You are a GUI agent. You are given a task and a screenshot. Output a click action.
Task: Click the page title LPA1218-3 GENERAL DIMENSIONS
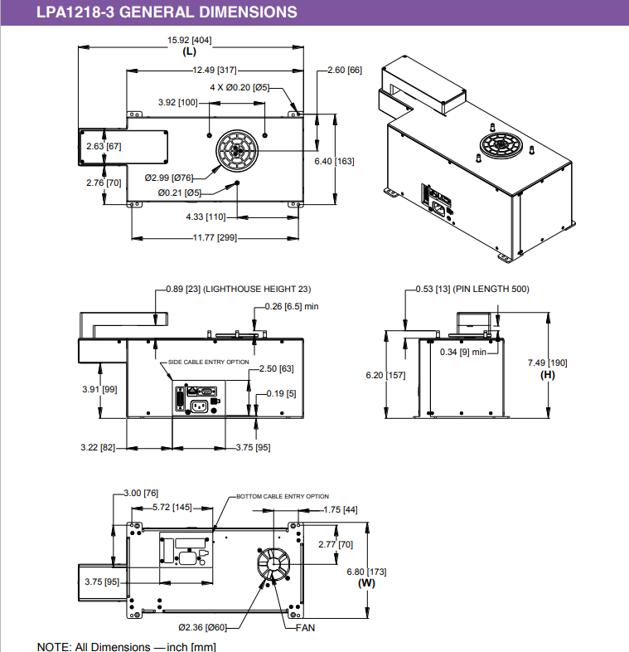coord(167,12)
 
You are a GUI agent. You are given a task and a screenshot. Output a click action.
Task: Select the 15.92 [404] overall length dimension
coord(188,41)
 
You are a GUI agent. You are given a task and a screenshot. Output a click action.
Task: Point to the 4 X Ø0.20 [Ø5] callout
coord(240,86)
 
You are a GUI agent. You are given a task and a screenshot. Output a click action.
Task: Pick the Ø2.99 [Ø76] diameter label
coord(168,178)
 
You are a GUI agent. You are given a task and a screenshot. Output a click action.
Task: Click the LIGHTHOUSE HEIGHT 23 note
coord(257,289)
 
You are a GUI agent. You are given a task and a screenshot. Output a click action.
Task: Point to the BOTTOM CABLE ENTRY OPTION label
coord(283,496)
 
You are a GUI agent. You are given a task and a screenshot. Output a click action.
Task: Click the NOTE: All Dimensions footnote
coord(127,646)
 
